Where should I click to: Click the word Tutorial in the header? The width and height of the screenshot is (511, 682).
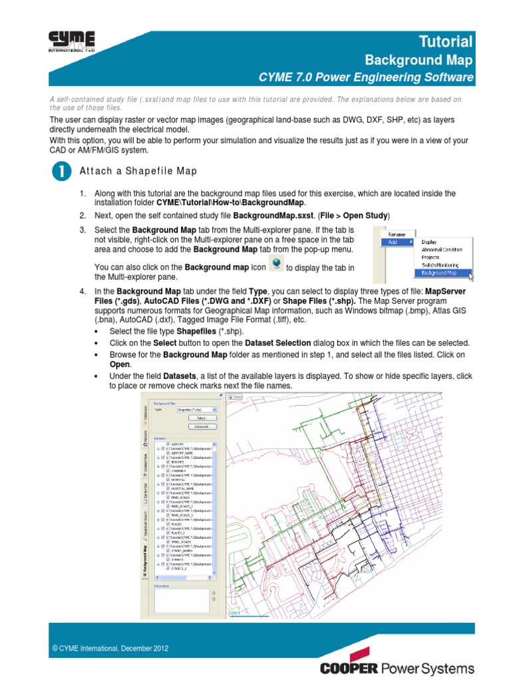[445, 41]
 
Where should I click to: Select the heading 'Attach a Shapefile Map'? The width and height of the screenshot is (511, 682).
[138, 171]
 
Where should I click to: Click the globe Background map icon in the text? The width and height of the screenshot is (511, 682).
[275, 266]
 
